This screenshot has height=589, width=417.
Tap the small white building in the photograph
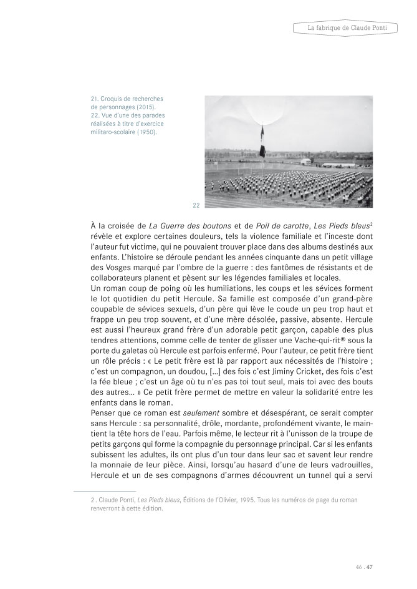tap(306, 161)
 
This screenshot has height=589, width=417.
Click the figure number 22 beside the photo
tap(196, 205)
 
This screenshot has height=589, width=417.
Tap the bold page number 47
tap(370, 567)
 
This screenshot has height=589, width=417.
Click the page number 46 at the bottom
tap(358, 567)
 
